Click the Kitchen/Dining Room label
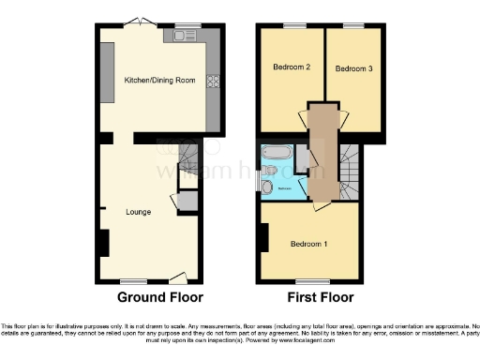click(159, 81)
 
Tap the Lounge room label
click(139, 212)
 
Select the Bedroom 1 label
click(308, 244)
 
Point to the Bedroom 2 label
click(292, 67)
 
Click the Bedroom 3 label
click(354, 68)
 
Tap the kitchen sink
click(181, 37)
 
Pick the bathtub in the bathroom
click(277, 152)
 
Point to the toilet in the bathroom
click(268, 187)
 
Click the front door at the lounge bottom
click(177, 277)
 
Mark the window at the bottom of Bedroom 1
click(309, 279)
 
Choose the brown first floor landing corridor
click(322, 150)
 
